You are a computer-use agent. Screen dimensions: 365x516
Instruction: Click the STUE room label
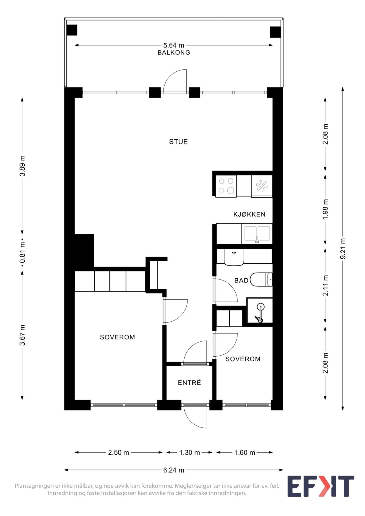coord(178,142)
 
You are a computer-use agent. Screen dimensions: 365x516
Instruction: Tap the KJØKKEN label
coord(249,214)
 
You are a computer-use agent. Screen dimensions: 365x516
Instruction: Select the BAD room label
coord(241,280)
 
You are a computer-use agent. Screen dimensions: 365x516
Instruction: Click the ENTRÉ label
coord(189,382)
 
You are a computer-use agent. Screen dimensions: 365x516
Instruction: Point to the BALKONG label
coord(174,52)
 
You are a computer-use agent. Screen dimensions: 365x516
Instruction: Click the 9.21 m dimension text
coord(343,249)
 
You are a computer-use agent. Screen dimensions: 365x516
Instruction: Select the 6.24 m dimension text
coord(174,470)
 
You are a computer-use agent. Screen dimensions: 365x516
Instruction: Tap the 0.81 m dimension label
coord(22,252)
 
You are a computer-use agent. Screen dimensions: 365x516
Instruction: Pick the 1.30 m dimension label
coord(190,453)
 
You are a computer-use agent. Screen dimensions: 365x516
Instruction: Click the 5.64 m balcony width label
coord(174,45)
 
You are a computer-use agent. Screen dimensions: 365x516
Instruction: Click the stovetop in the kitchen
coord(226,186)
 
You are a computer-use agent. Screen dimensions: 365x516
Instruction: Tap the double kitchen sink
coord(257,234)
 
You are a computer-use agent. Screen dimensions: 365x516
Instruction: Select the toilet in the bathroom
coord(261,279)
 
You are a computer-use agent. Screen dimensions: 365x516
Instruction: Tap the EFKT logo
coord(321,486)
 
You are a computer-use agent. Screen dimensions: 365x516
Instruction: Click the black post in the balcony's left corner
coord(72,30)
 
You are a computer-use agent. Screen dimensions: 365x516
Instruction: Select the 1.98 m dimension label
coord(325,209)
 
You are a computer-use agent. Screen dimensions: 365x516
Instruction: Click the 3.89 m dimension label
coord(22,166)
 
